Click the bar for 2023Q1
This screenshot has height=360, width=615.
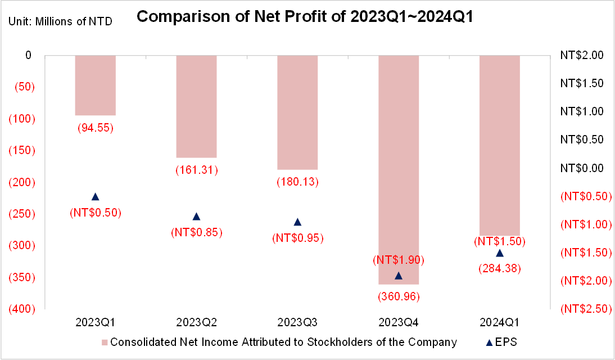[x=96, y=85]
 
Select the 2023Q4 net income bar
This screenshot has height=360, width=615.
[x=399, y=170]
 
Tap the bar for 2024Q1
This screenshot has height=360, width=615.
[x=500, y=145]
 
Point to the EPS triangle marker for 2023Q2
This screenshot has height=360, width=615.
[x=197, y=217]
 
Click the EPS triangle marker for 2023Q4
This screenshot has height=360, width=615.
[x=399, y=276]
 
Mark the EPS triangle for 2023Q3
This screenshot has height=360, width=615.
[x=298, y=222]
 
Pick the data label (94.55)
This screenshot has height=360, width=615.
[x=96, y=128]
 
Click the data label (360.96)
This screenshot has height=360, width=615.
[x=399, y=296]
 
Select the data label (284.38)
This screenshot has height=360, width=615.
[x=500, y=268]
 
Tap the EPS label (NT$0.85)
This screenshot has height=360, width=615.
[x=197, y=232]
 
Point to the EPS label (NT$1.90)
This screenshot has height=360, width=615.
[x=399, y=259]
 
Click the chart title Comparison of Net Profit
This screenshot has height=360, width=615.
[x=305, y=16]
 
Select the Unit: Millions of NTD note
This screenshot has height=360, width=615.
[x=60, y=21]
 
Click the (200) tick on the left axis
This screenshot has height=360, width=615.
[x=22, y=182]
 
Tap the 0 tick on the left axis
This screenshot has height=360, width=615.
[x=28, y=55]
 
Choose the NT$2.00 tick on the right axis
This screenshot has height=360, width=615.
[x=582, y=55]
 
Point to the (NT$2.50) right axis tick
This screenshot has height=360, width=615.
[x=586, y=309]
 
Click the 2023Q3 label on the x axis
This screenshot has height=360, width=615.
[x=297, y=322]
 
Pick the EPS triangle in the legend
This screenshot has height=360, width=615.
[x=489, y=343]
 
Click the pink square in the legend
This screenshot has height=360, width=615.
[x=105, y=343]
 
